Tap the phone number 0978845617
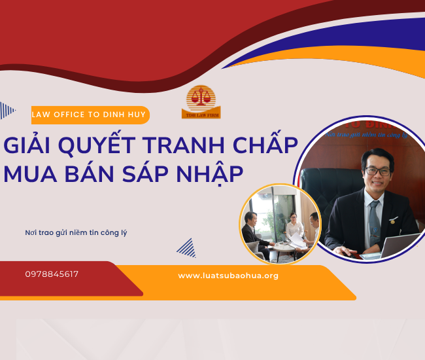52,274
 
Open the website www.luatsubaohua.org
228,276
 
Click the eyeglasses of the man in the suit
377,170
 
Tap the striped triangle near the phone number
186,247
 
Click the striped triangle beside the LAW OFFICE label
7,110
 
